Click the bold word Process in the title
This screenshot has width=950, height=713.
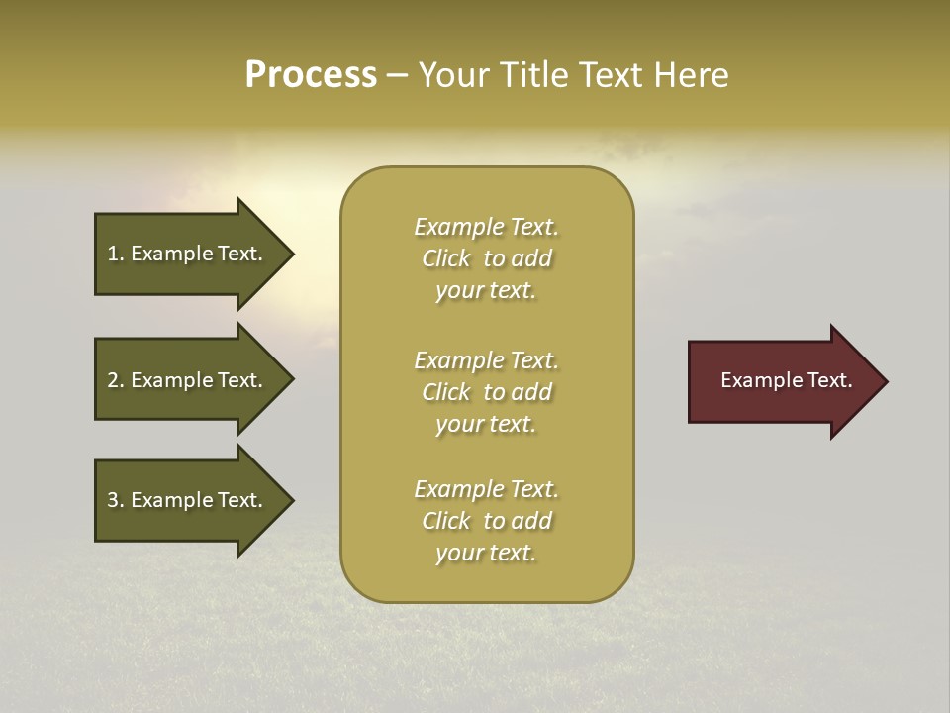click(x=311, y=75)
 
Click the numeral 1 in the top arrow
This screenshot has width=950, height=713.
click(x=113, y=254)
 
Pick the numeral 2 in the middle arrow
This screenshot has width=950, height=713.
click(x=113, y=380)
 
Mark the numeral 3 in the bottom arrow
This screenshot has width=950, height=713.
click(x=113, y=500)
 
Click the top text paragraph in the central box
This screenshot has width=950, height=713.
click(x=486, y=258)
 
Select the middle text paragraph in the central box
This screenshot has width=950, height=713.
click(x=486, y=392)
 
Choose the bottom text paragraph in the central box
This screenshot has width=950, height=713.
click(x=486, y=521)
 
